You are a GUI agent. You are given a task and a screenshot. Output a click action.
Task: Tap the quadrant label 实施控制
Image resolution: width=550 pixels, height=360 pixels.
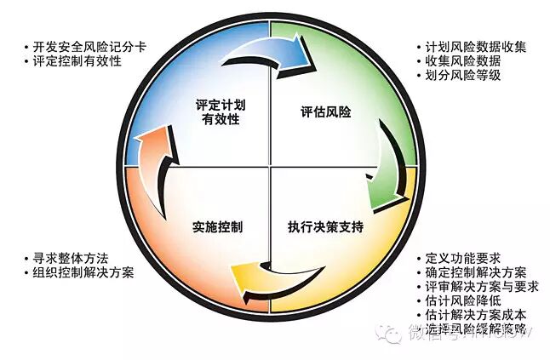[218, 228]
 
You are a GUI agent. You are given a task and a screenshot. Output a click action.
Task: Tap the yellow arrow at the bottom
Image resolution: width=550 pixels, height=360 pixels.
[265, 282]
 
